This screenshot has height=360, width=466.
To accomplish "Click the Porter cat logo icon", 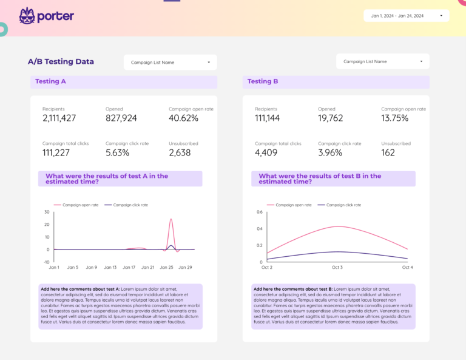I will (x=27, y=16).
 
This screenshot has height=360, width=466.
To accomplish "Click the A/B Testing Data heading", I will (x=61, y=61).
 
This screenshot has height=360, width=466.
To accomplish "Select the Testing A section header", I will (x=51, y=81).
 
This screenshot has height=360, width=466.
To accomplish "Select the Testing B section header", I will (x=263, y=81).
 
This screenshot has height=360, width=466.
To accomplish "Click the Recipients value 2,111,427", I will (x=59, y=118).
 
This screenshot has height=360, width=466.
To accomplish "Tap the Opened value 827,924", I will (x=121, y=118).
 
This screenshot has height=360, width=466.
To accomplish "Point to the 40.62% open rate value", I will (x=183, y=118).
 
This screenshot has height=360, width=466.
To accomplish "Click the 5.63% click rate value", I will (x=117, y=153).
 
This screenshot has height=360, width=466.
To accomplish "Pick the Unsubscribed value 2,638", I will (x=180, y=153).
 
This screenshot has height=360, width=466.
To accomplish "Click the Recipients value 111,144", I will (x=267, y=118).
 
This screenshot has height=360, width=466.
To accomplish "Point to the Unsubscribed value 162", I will (x=388, y=153).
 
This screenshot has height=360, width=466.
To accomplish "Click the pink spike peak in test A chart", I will (x=171, y=219).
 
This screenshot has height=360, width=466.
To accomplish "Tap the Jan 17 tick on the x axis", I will (x=129, y=267).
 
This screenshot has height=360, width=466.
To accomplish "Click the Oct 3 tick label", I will (x=337, y=267).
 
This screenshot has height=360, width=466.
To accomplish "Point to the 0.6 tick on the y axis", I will (x=259, y=212).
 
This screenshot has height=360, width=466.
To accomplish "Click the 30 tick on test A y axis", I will (x=47, y=212).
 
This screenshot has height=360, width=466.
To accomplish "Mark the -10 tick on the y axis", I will (x=46, y=262).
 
